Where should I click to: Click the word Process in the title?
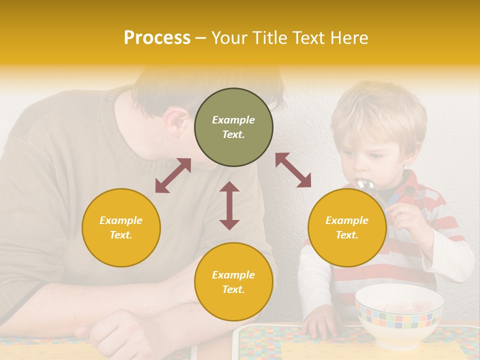point(157,38)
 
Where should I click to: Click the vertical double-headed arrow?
point(229,205)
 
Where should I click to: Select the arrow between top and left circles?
point(173,175)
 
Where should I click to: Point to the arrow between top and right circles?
point(293,170)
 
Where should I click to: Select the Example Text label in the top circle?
point(233,127)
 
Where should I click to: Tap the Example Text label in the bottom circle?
point(233,282)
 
